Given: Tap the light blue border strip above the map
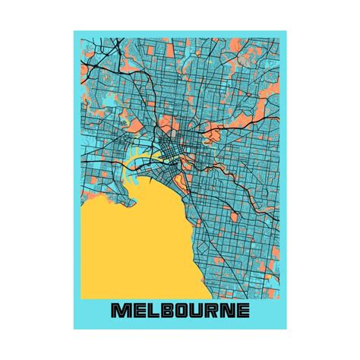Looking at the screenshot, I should coord(180,35).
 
